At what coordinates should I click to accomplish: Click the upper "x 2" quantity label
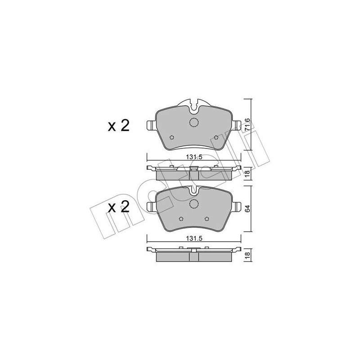point(119,126)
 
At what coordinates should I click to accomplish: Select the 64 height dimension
point(247,208)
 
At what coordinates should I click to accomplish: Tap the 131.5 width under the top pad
point(193,157)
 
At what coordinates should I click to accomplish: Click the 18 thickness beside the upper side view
point(247,175)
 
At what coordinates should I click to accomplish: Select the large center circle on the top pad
point(194,122)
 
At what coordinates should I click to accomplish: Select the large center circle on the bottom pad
point(194,204)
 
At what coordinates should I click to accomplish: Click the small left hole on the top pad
point(171,138)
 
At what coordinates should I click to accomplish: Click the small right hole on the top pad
point(216,138)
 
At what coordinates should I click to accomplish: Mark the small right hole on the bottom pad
point(207,219)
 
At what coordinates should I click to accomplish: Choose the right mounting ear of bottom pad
point(237,207)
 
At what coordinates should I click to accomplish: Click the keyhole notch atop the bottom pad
point(194,189)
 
